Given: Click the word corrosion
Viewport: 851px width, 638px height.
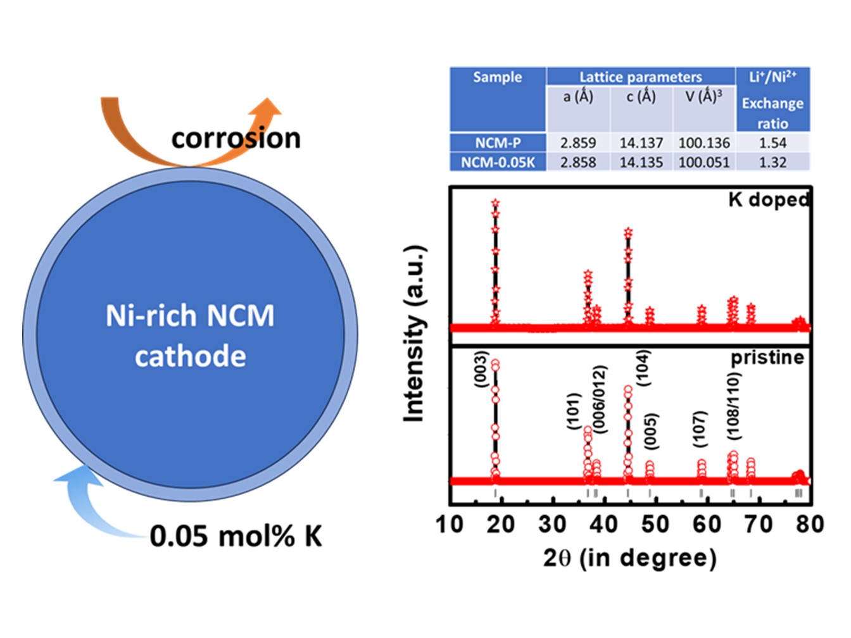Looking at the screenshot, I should pos(236,138).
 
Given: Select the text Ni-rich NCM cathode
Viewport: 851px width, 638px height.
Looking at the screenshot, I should pos(190,335).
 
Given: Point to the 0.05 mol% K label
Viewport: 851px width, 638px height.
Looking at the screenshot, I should pos(236,536).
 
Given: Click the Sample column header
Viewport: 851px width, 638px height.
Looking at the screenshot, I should pos(498,77).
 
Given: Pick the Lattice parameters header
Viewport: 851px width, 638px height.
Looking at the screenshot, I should pos(640,77).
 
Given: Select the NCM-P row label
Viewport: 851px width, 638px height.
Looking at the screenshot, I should pos(498,142).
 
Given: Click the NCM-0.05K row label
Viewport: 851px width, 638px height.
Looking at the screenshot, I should pos(498,162).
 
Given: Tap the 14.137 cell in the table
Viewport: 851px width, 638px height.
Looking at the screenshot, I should pos(641,142).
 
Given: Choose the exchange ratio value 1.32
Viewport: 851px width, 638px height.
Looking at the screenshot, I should pos(772,162).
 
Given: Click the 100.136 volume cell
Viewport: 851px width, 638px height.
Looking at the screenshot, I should pos(704,142).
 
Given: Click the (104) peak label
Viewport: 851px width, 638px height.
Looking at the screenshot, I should pos(642,368).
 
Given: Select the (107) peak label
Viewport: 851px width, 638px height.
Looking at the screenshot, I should pos(700,428).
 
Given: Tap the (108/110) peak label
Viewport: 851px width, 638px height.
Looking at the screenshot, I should pos(733,406).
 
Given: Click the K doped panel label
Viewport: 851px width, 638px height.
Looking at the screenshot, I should pos(769,199).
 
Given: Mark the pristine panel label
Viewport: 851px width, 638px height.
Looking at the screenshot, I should pos(767,358).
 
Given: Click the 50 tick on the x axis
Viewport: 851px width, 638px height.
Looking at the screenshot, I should pos(655,524).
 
